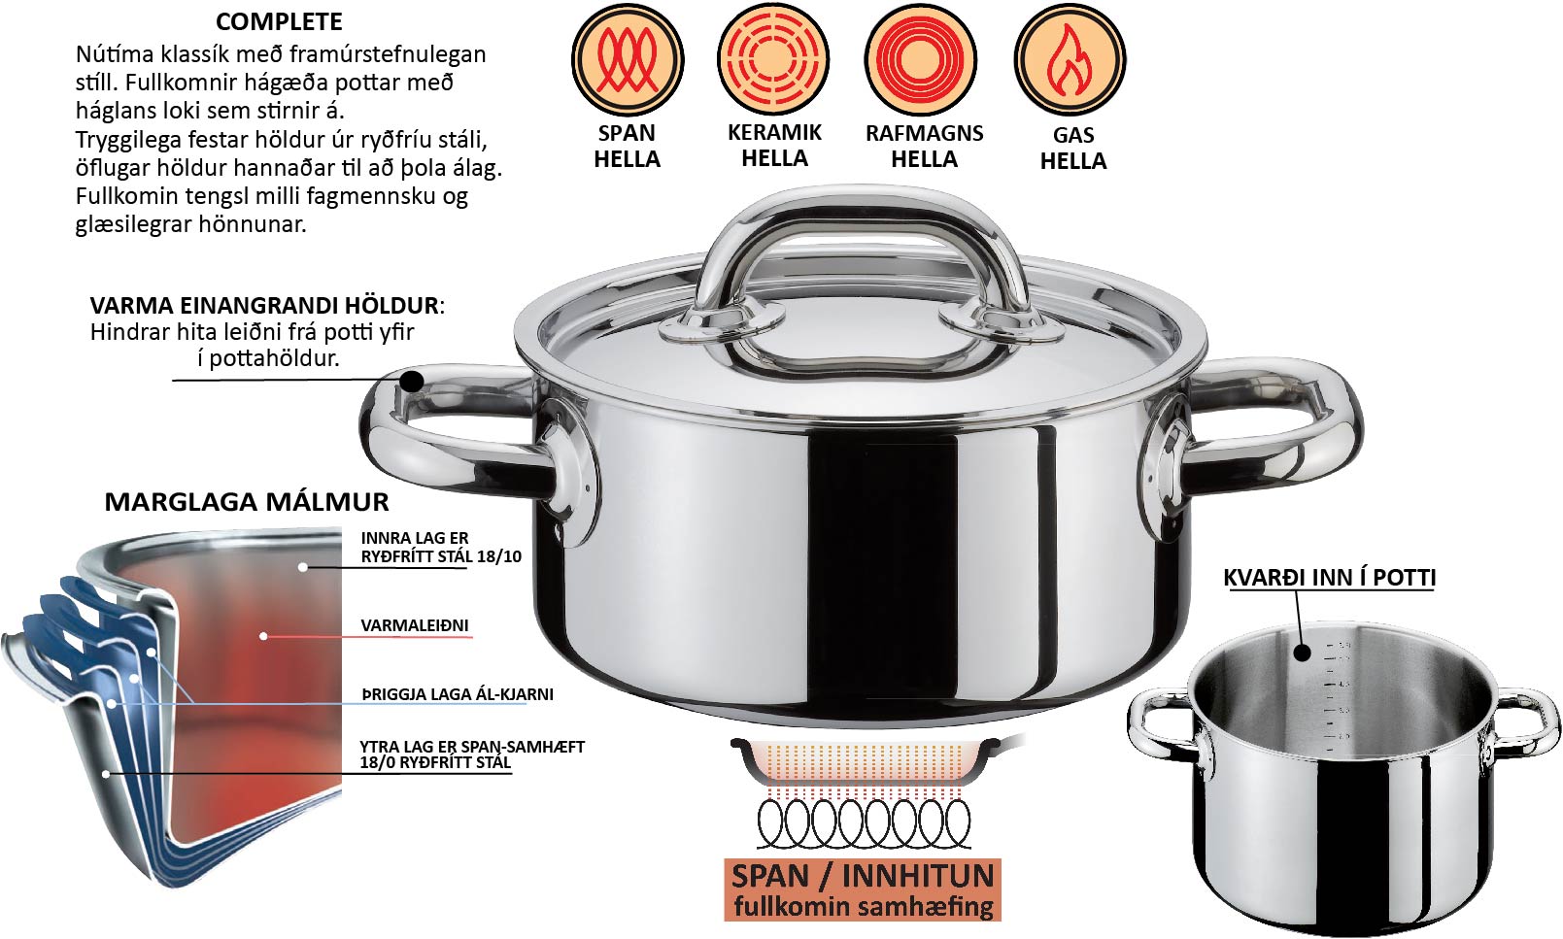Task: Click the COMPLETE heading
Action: point(279,21)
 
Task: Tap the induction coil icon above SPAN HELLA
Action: point(628,59)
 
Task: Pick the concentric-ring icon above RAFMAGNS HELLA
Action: point(920,59)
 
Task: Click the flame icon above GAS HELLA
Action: point(1070,59)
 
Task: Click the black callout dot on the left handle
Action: point(412,382)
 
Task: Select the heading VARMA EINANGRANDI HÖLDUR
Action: point(264,306)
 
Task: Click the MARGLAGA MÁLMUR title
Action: point(247,502)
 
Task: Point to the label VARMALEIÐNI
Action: point(415,625)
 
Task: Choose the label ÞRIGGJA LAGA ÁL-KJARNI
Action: point(458,694)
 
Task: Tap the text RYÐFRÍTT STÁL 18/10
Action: point(441,556)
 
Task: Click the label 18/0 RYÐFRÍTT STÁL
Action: point(435,762)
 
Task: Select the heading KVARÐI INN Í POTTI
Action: point(1329,578)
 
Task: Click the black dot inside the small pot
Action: point(1302,653)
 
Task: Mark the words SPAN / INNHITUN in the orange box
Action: point(863,876)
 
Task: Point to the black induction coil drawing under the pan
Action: point(864,823)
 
